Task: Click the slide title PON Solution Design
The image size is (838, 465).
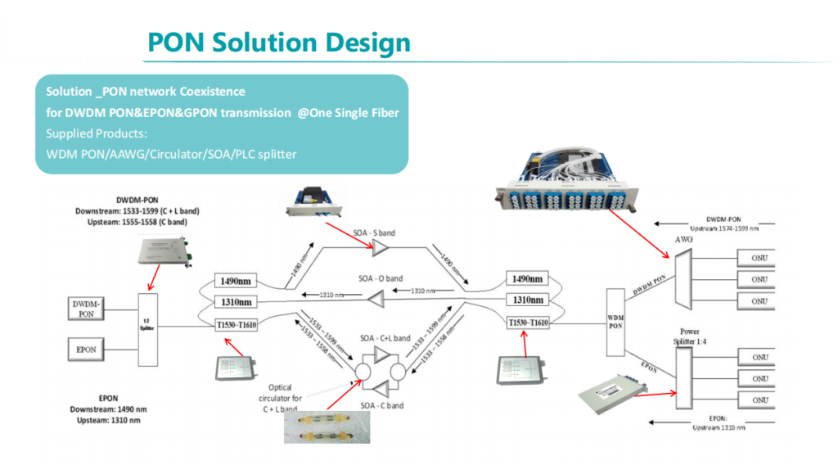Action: pos(278,42)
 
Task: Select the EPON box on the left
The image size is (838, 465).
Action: pos(87,350)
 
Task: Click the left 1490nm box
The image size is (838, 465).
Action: pos(233,282)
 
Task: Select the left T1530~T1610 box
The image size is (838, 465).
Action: pos(236,324)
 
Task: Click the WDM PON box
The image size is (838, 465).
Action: pos(616,321)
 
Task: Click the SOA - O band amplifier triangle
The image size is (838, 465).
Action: pos(376,302)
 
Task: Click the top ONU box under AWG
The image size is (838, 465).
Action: pos(759,259)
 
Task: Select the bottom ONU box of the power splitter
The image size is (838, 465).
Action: pos(759,400)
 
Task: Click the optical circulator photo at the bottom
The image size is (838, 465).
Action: pos(326,427)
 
